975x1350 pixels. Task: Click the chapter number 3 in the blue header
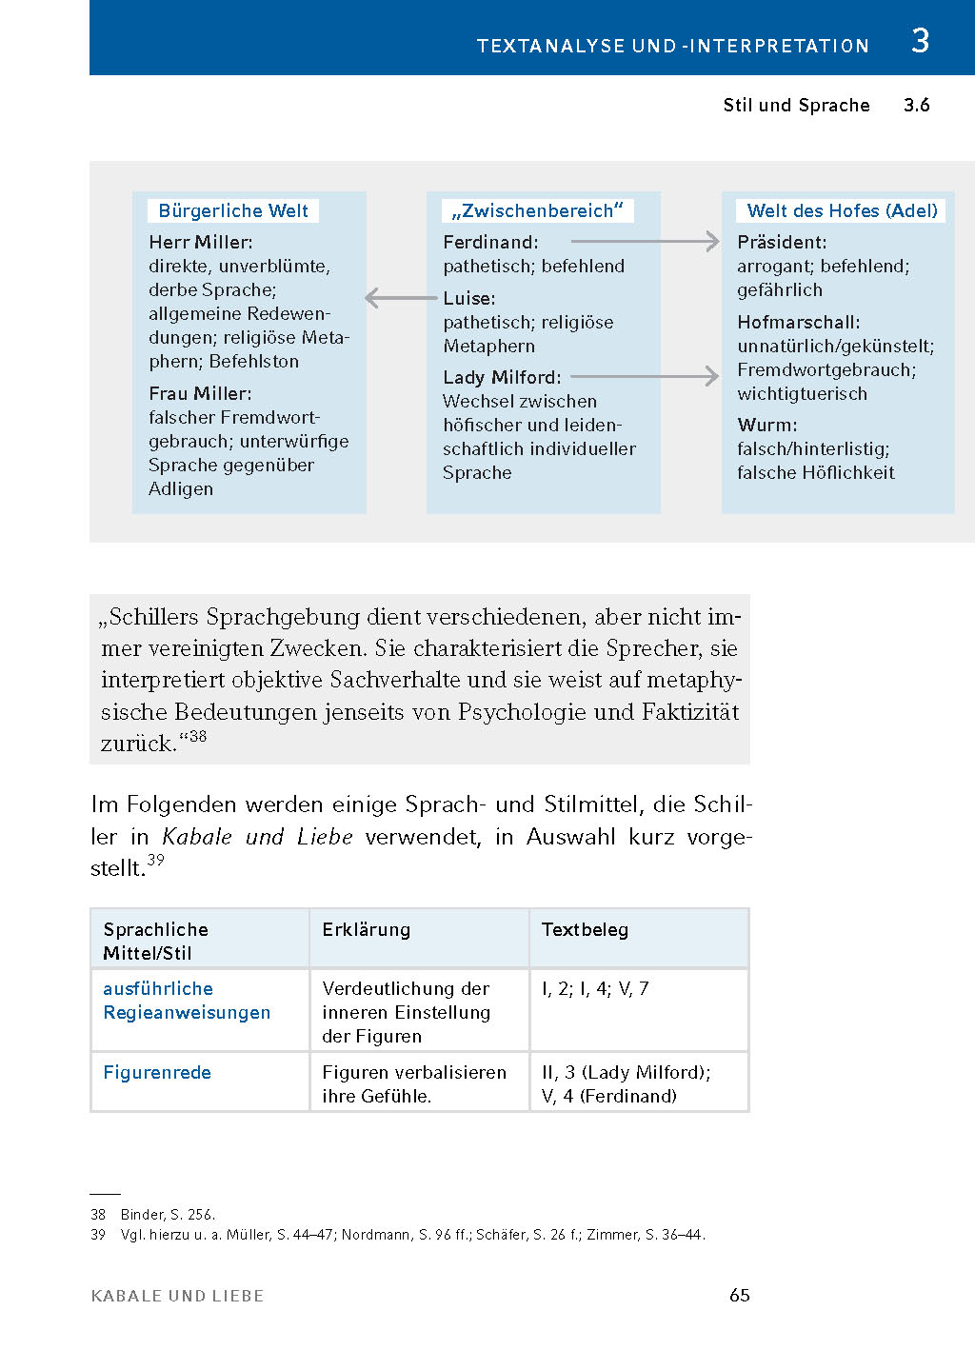pos(920,41)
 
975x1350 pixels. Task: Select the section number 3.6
pos(916,105)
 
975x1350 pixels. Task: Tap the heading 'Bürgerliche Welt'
pos(233,210)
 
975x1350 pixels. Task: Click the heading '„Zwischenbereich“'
pos(538,210)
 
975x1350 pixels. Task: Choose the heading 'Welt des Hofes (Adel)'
pos(842,210)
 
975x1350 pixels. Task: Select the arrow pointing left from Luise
pos(401,298)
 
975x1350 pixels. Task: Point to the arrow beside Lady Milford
pos(645,377)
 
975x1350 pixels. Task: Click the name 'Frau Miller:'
pos(200,393)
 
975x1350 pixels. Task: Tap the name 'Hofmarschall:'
pos(798,322)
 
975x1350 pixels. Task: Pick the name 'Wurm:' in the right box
pos(766,425)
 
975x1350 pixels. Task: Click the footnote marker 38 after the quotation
pos(197,736)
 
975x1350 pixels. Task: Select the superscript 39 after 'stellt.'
pos(155,860)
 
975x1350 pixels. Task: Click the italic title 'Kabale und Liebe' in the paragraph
pos(257,837)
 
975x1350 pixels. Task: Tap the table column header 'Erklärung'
pos(366,929)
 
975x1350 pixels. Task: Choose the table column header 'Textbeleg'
pos(585,929)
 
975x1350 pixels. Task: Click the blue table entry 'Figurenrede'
pos(157,1072)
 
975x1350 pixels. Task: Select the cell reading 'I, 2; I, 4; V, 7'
pos(595,988)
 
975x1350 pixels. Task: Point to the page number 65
pos(739,1295)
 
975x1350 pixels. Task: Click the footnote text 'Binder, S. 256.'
pos(168,1215)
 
